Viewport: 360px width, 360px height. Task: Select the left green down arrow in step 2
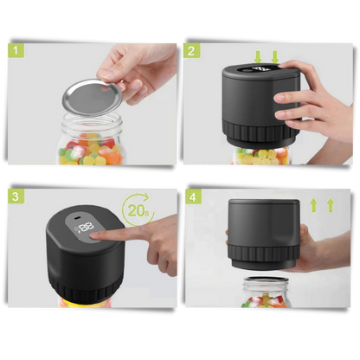pos(256,56)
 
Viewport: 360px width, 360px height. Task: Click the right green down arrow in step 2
pos(274,56)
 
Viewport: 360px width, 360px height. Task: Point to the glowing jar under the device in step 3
pos(87,303)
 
